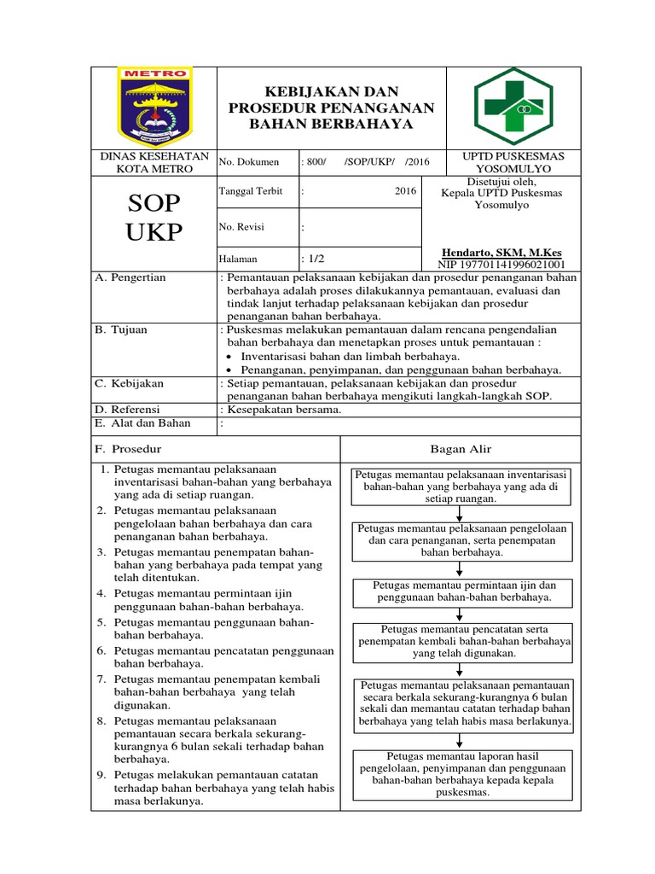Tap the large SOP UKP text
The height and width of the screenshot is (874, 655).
pos(154,217)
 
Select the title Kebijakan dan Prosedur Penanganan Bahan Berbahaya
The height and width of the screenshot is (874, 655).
pos(332,108)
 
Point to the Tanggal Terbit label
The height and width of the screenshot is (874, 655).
pos(246,191)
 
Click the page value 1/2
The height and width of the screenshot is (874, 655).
pos(313,259)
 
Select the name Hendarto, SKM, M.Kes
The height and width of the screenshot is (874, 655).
pos(501,253)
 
